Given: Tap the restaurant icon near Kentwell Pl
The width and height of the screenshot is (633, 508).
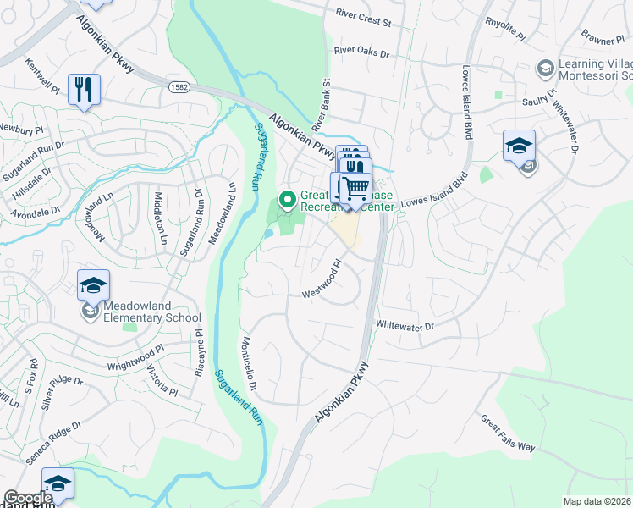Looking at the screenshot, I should tap(84, 90).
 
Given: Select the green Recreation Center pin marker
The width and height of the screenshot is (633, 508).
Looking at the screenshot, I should tap(287, 200).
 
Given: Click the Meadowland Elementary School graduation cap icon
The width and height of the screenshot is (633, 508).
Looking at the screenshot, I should tap(93, 286).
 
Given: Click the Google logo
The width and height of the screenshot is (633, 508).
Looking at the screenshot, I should tap(28, 498).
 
